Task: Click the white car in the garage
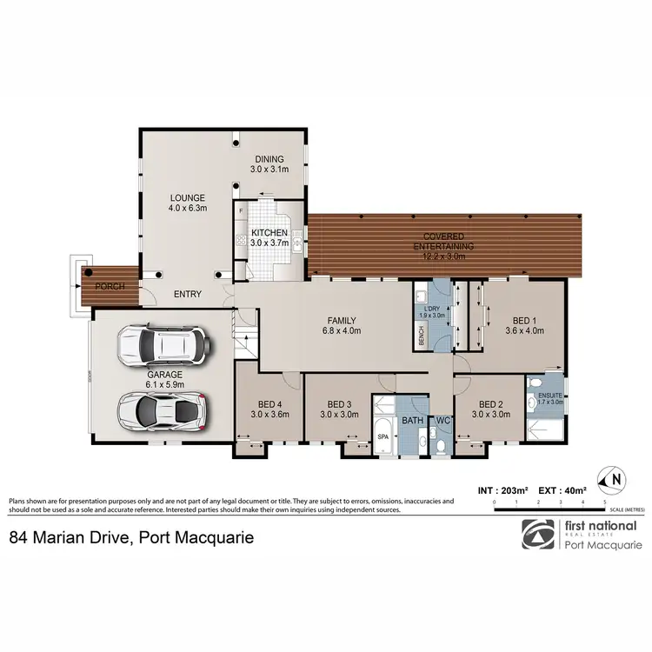tap(163, 343)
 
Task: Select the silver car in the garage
tap(162, 406)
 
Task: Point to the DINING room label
tap(269, 159)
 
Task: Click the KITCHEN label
tap(269, 233)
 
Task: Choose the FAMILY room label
tap(338, 320)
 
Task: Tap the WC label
tap(442, 422)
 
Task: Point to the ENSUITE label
tap(545, 394)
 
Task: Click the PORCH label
tap(109, 286)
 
